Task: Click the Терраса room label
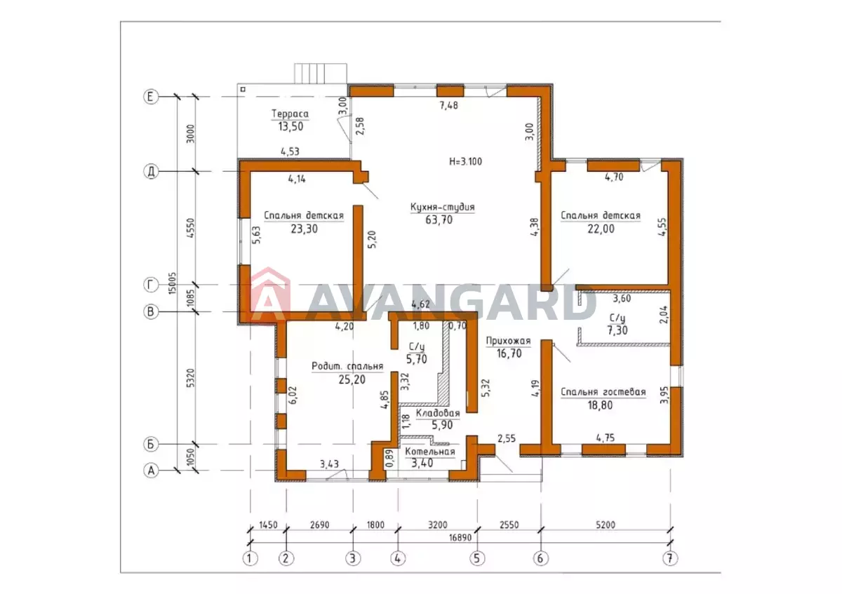(290, 114)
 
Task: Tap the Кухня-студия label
(443, 207)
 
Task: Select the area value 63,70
(439, 220)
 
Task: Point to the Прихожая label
(508, 341)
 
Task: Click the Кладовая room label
(438, 413)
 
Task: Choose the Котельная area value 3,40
(422, 463)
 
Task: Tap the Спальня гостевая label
(603, 392)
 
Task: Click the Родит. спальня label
(347, 366)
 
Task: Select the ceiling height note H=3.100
(465, 161)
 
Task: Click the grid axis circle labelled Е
(151, 97)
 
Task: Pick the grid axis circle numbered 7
(670, 558)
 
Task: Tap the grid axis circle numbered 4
(398, 558)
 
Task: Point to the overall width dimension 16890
(460, 538)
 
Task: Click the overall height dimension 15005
(172, 283)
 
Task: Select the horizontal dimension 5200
(605, 525)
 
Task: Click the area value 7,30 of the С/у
(617, 330)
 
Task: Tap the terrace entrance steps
(320, 73)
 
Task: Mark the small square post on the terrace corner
(243, 90)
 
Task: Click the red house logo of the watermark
(270, 295)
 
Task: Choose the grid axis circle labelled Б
(151, 444)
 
